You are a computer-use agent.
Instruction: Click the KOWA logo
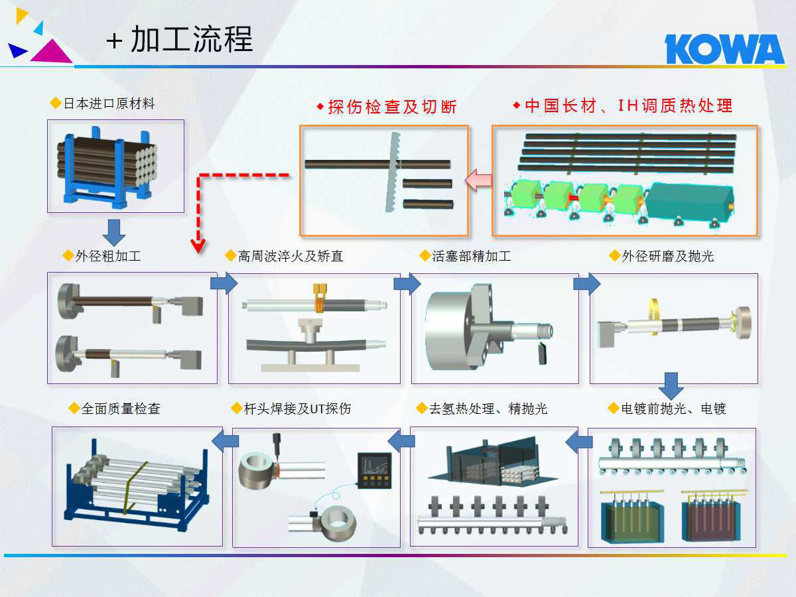(724, 49)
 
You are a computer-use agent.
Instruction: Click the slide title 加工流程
(192, 39)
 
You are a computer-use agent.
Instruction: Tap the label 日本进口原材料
(109, 103)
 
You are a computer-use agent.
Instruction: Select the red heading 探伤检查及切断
(392, 107)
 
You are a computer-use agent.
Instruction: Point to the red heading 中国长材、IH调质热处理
(628, 106)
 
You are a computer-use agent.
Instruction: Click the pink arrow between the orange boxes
(478, 180)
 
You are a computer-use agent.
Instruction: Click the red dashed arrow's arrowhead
(198, 245)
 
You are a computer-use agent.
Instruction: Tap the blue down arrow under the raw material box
(114, 232)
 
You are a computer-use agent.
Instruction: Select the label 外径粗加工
(108, 256)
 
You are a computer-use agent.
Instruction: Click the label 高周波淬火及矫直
(291, 256)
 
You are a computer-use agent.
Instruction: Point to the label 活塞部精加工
(472, 256)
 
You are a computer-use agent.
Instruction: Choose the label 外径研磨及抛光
(668, 256)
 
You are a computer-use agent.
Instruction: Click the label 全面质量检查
(121, 409)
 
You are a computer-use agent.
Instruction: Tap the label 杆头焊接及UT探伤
(297, 409)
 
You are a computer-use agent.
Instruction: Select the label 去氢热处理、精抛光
(488, 409)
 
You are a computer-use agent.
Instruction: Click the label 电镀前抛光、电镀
(674, 409)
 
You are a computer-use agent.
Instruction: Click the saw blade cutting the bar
(393, 172)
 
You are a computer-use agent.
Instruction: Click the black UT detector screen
(375, 470)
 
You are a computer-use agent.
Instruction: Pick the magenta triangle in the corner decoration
(52, 52)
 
